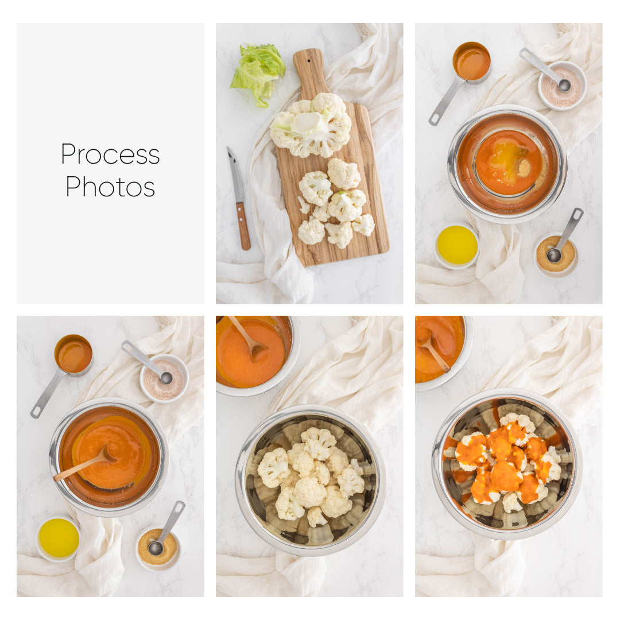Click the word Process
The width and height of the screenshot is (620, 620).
point(110,154)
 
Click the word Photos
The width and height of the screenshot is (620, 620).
point(110,187)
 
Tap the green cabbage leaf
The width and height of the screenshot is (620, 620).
point(259,72)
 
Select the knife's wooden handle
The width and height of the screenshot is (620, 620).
point(243,225)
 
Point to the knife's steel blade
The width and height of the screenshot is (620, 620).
point(235,175)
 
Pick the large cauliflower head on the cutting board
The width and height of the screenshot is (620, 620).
point(311,125)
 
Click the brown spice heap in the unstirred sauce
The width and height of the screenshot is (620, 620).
point(524,168)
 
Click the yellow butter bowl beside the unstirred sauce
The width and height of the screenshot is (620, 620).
point(457,245)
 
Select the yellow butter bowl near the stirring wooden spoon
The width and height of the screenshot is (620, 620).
point(59,538)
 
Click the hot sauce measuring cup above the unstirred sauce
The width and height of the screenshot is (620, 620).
point(471,62)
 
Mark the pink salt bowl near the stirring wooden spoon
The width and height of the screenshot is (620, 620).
point(164,379)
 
